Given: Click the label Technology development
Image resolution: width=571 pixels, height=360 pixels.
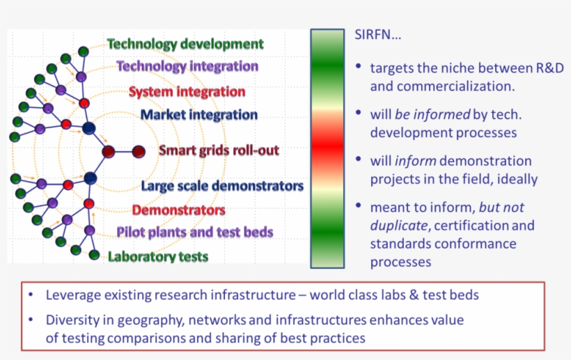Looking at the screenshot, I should pos(185,44).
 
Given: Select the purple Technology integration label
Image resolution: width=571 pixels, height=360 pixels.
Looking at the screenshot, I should pos(187,67).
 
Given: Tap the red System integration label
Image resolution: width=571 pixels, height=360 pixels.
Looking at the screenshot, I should pos(187,91).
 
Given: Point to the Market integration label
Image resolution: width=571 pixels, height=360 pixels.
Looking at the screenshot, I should pos(199,115).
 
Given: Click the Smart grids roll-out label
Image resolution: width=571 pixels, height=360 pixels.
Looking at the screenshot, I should pos(219,150).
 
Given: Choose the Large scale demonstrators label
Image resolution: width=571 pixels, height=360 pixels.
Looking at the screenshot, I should pos(222,186).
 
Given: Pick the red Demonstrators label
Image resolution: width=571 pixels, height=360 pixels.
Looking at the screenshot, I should pos(178,210).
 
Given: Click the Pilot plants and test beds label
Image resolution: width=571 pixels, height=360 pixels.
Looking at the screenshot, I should pos(194,232).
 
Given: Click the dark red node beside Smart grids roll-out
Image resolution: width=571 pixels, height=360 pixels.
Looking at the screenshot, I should pos(138,150).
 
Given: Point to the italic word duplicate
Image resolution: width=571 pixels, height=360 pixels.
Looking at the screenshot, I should pos(397,226).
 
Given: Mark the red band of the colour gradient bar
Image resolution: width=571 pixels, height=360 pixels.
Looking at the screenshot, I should pos(326,147).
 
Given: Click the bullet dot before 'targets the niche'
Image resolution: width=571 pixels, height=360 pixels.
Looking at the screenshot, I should pos(358,67).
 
